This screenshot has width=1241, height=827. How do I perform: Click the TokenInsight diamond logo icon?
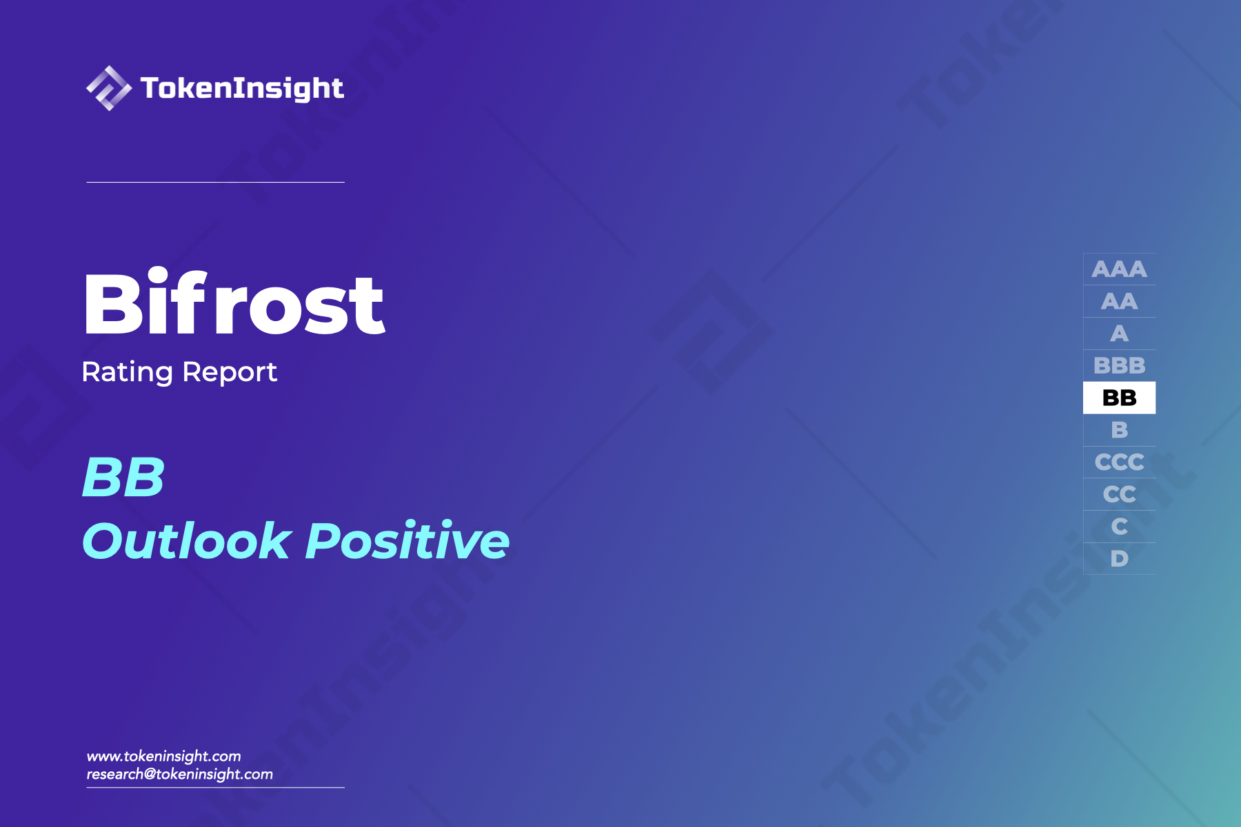point(108,88)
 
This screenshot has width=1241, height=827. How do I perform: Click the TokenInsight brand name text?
point(242,88)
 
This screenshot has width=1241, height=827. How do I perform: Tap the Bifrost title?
point(234,304)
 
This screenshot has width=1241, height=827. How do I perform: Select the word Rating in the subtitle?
point(127,372)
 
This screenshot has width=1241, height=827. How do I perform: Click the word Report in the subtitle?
point(230,372)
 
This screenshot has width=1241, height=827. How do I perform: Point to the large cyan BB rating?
point(123,477)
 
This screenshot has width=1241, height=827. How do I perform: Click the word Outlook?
point(186,541)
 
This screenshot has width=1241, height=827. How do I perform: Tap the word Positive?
point(407,541)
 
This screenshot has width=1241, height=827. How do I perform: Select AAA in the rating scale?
point(1119,269)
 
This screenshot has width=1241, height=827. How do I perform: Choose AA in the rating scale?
point(1119,301)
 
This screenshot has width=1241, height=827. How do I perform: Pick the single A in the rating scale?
point(1119,334)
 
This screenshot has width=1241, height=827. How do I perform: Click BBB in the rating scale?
point(1119,365)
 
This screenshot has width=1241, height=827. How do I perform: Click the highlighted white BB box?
point(1119,398)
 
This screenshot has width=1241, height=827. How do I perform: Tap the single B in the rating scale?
point(1119,430)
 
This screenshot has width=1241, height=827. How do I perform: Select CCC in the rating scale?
point(1119,462)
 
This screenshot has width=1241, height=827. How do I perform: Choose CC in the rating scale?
point(1119,494)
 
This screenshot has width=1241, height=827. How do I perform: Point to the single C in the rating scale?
point(1119,527)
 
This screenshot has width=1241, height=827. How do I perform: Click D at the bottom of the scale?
point(1119,559)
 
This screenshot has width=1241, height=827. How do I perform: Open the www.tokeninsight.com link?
point(163,756)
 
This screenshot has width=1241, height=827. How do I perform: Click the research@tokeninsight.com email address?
point(179,774)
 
